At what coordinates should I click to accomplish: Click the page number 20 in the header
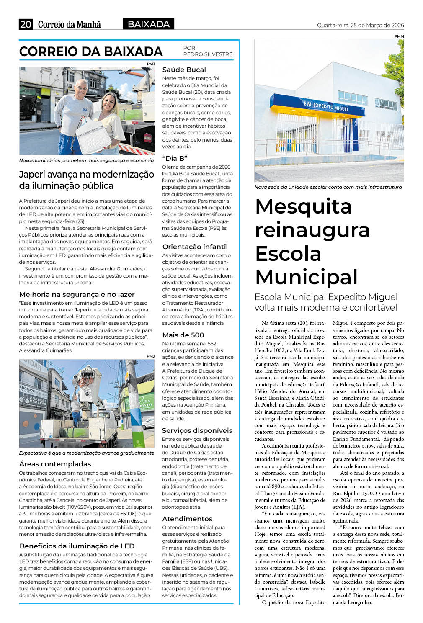tap(26, 24)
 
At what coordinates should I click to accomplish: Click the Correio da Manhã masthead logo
tap(70, 24)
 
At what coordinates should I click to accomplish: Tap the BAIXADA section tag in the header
tap(149, 24)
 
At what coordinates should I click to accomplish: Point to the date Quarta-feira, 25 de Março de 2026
tap(360, 25)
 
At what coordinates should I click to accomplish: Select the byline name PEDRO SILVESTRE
tap(208, 54)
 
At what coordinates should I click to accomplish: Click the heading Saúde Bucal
tap(184, 70)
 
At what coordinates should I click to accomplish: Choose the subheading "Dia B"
tap(175, 158)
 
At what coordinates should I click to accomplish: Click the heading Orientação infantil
tap(195, 247)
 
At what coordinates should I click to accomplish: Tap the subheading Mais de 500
tap(183, 335)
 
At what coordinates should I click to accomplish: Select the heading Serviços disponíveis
tap(197, 430)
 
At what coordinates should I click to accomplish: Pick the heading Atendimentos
tap(187, 519)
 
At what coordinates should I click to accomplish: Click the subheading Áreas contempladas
tap(55, 464)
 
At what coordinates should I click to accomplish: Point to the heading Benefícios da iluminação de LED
tap(77, 546)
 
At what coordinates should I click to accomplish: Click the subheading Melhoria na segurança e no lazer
tap(77, 294)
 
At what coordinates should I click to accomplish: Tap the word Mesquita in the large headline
tap(303, 206)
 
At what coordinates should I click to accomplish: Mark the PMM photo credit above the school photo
tap(399, 36)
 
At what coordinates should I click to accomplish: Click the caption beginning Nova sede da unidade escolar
tap(328, 187)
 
